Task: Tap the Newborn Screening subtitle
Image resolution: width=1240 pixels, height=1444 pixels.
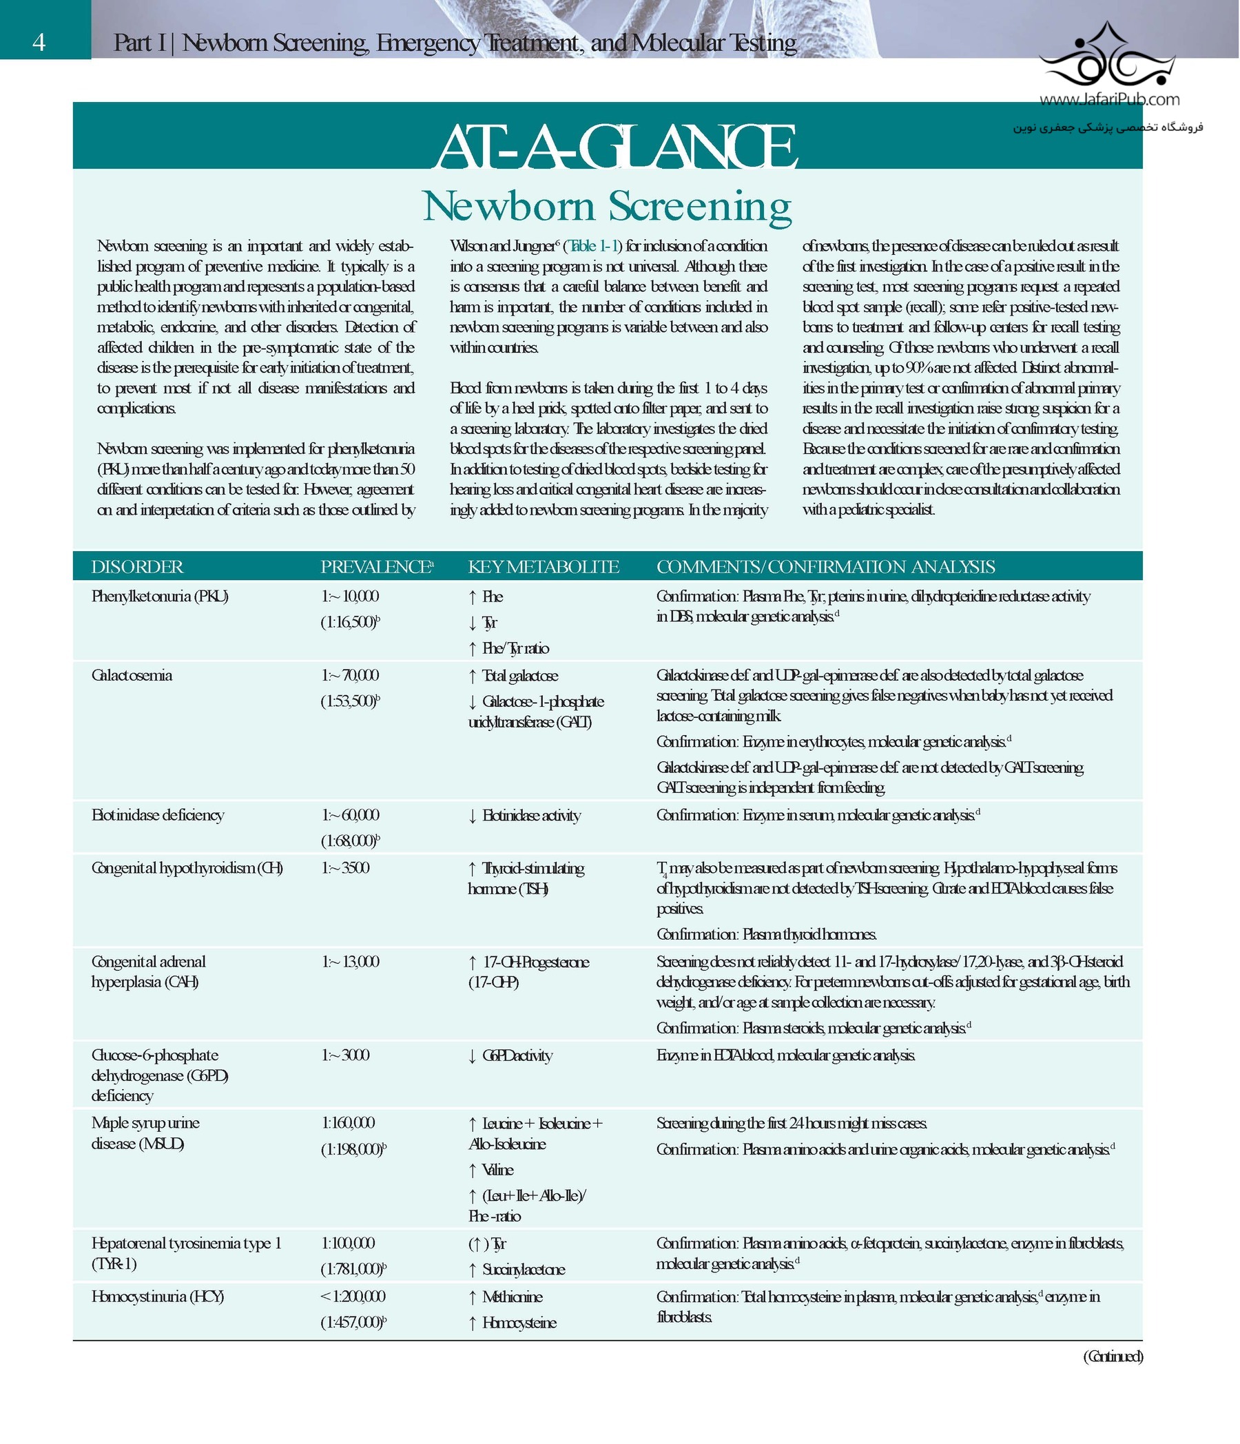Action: click(x=606, y=206)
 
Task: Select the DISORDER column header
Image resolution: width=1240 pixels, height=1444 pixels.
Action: click(x=137, y=567)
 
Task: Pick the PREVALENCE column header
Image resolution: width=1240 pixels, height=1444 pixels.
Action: click(x=376, y=567)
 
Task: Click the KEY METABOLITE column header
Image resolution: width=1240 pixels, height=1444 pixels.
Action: click(x=543, y=567)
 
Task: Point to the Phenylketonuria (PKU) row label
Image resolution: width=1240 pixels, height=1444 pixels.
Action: click(x=160, y=597)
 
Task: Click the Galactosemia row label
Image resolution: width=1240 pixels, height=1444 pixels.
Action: click(x=132, y=675)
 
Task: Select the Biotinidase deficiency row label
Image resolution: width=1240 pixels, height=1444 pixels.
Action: click(x=158, y=816)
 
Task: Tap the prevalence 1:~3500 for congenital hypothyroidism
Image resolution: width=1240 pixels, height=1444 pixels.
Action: click(x=345, y=868)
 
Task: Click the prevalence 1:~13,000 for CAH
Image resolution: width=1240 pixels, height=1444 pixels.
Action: click(x=350, y=962)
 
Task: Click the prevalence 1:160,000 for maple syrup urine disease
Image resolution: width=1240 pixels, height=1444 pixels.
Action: click(x=348, y=1123)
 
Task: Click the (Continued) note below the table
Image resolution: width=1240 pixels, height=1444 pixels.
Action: click(x=1113, y=1356)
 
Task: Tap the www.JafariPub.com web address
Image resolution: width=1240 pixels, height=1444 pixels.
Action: click(x=1109, y=99)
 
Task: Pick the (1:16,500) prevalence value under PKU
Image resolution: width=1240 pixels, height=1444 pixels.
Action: click(x=350, y=622)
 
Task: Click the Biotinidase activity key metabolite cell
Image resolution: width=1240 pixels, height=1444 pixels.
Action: click(x=530, y=816)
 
